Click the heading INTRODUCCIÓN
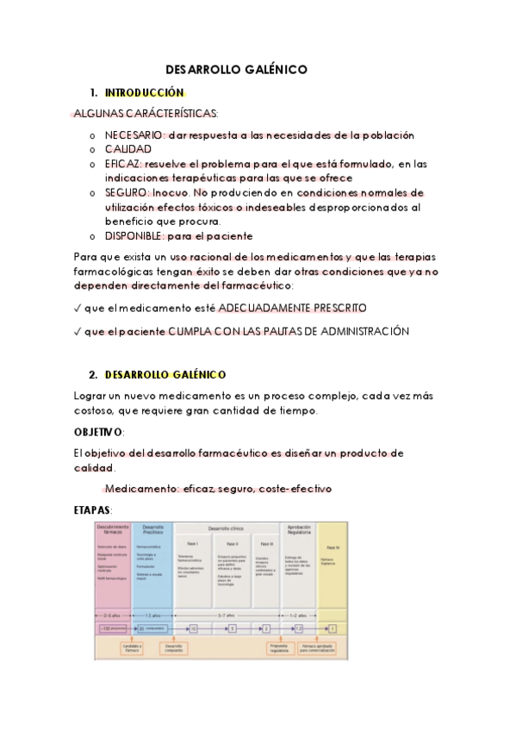tap(145, 93)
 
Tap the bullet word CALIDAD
tap(128, 149)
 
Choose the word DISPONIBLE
tap(134, 235)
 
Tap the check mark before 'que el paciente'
tap(78, 331)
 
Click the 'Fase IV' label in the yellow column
tap(332, 547)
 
